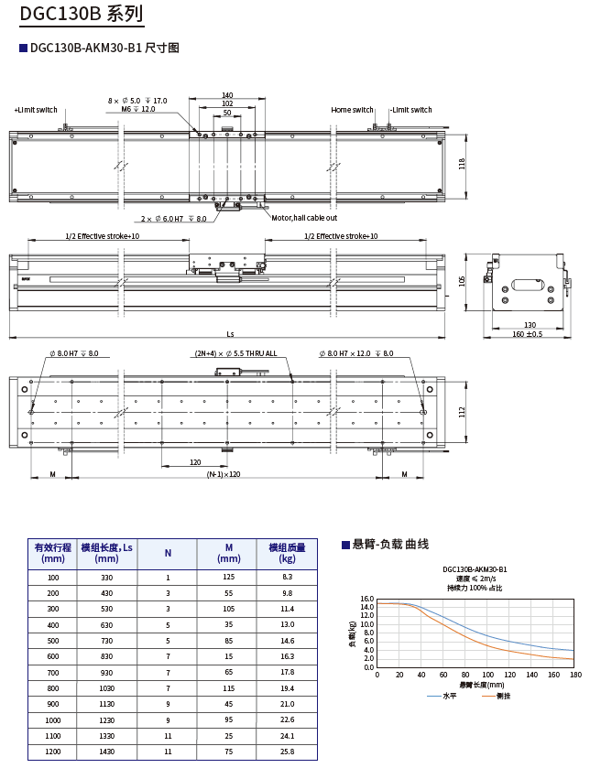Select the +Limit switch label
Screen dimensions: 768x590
click(x=36, y=110)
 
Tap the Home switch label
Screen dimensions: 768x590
click(x=353, y=110)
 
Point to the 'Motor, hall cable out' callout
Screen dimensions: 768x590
click(x=304, y=218)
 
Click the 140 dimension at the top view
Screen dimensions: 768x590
click(x=227, y=95)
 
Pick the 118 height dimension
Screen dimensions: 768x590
click(x=463, y=163)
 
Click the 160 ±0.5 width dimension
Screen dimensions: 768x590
click(x=528, y=334)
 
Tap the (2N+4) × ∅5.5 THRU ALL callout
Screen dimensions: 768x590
click(x=235, y=353)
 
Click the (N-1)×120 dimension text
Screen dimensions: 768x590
click(x=224, y=475)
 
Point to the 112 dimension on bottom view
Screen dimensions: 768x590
click(x=463, y=411)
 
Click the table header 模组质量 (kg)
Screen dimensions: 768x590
click(x=287, y=553)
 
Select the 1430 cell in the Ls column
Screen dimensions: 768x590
click(x=106, y=752)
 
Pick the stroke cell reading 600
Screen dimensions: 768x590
click(x=52, y=656)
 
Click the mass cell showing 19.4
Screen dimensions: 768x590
click(x=287, y=688)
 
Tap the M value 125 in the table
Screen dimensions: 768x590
click(x=228, y=578)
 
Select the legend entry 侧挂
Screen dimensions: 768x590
click(x=503, y=696)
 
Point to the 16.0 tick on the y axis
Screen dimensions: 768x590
click(x=367, y=600)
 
